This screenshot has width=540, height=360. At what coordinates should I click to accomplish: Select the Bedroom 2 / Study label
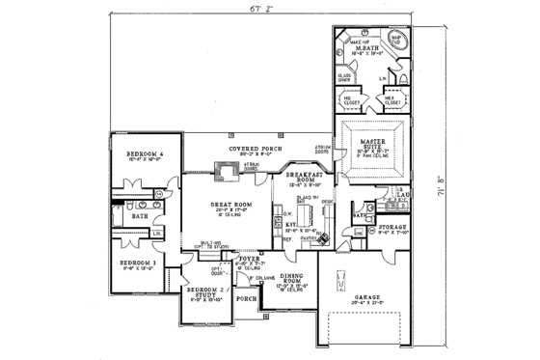point(200,293)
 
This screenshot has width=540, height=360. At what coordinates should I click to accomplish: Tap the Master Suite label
point(369,146)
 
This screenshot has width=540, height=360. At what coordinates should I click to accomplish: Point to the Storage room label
point(395,228)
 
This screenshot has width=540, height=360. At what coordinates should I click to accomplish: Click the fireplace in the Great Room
point(228,171)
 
